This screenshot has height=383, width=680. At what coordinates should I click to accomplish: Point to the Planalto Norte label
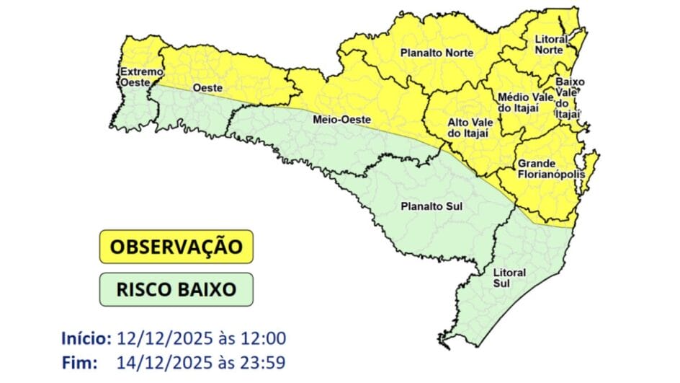point(431,53)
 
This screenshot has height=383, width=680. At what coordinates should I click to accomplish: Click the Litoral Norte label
point(551,45)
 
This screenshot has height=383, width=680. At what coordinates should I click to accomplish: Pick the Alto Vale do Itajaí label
point(468,128)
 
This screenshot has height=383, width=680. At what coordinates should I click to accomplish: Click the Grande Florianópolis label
point(546,169)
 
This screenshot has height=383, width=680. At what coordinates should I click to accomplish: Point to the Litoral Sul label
point(509,278)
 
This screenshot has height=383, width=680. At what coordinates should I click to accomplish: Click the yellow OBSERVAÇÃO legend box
point(176,247)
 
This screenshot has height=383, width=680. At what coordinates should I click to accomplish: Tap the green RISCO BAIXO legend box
point(176,289)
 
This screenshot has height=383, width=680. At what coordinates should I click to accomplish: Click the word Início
point(86,338)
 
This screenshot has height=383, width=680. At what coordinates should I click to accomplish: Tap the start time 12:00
point(264,338)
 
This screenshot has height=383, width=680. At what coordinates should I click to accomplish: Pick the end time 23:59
point(264,363)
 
